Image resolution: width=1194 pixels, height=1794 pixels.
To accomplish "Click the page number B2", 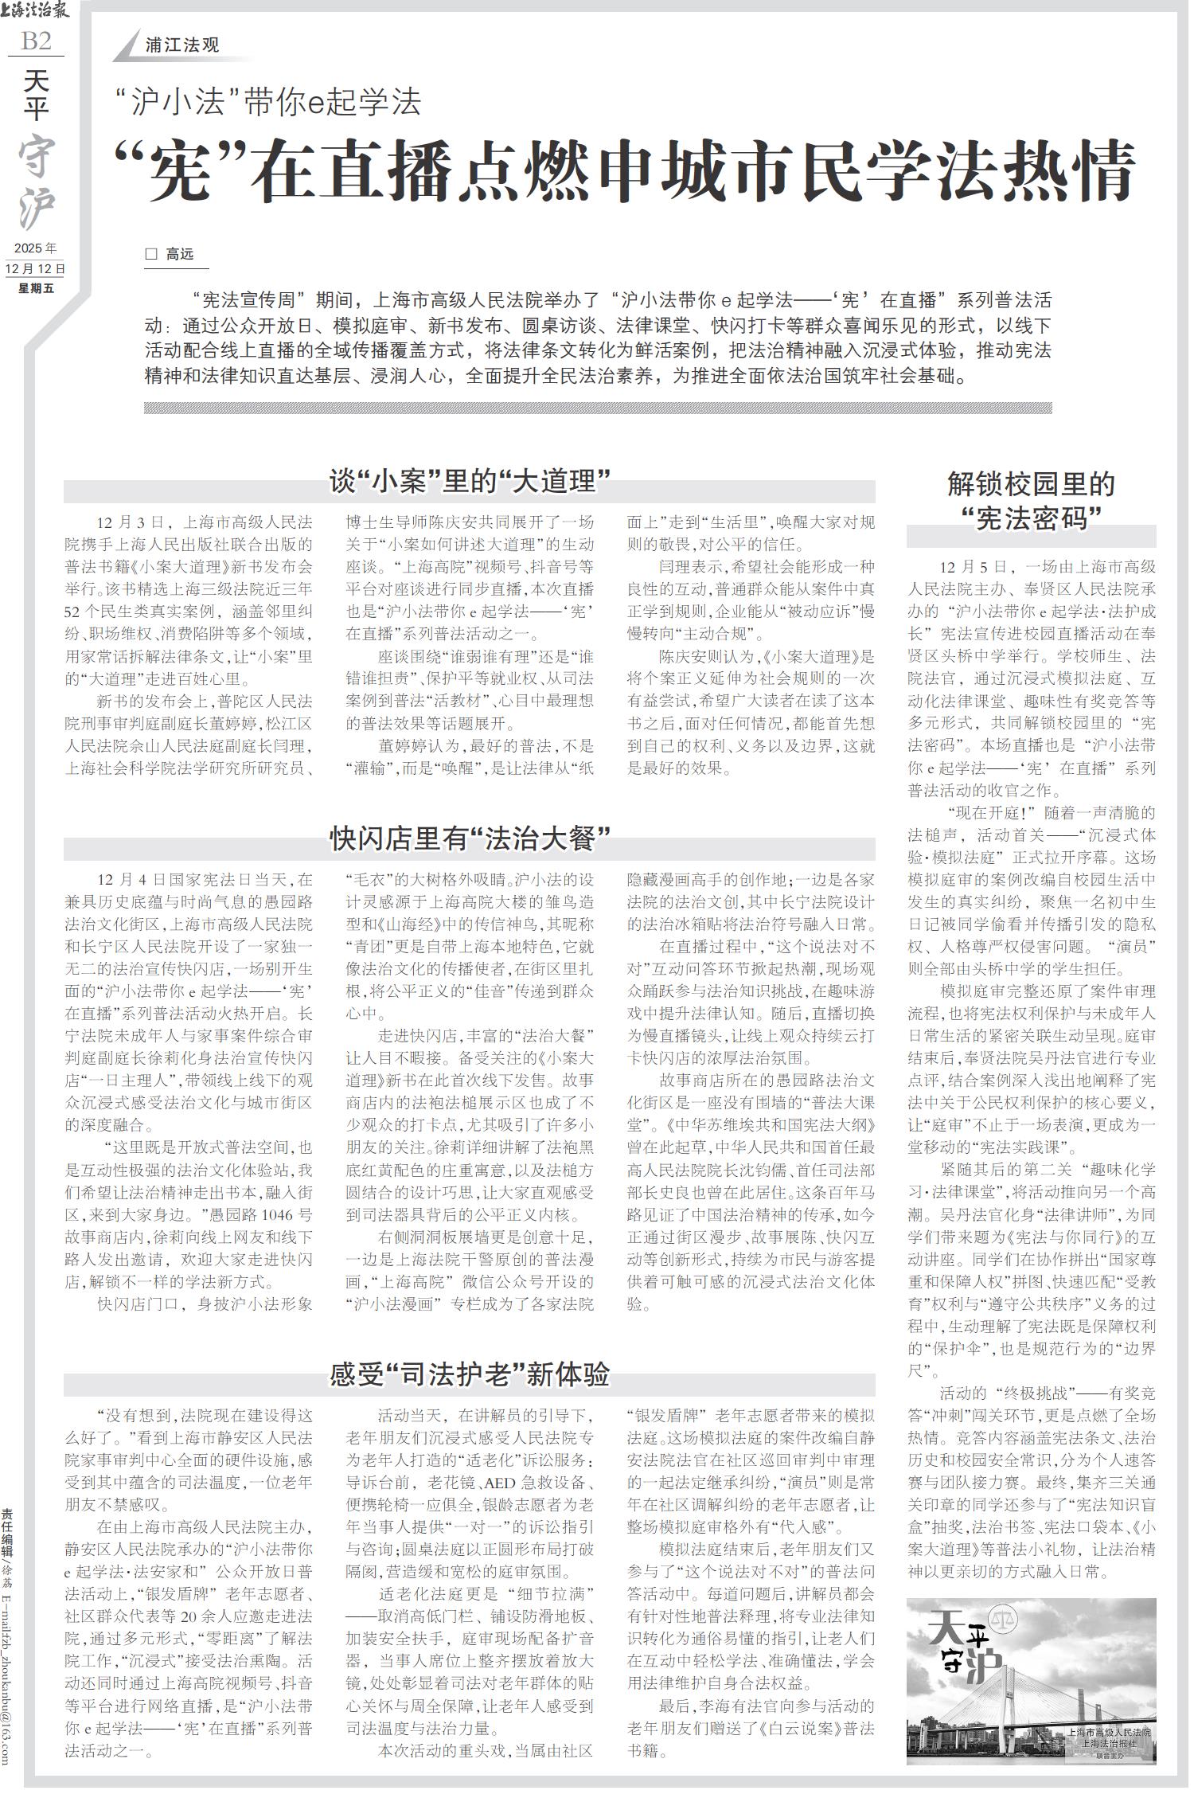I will point(36,41).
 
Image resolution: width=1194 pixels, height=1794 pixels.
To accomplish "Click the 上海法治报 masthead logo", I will point(36,10).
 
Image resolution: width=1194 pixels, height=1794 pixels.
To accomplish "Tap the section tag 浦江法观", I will point(182,45).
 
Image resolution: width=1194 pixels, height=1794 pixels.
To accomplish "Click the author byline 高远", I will point(180,255).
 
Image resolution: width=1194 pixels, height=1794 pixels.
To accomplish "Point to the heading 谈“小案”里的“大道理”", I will point(470,482).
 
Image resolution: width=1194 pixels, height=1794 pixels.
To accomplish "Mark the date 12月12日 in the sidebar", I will point(36,269).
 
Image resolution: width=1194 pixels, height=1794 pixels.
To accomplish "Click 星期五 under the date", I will point(36,288).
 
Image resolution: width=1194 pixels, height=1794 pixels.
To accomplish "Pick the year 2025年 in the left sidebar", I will point(36,248).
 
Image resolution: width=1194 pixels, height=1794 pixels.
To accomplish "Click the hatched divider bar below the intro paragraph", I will point(597,408).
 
